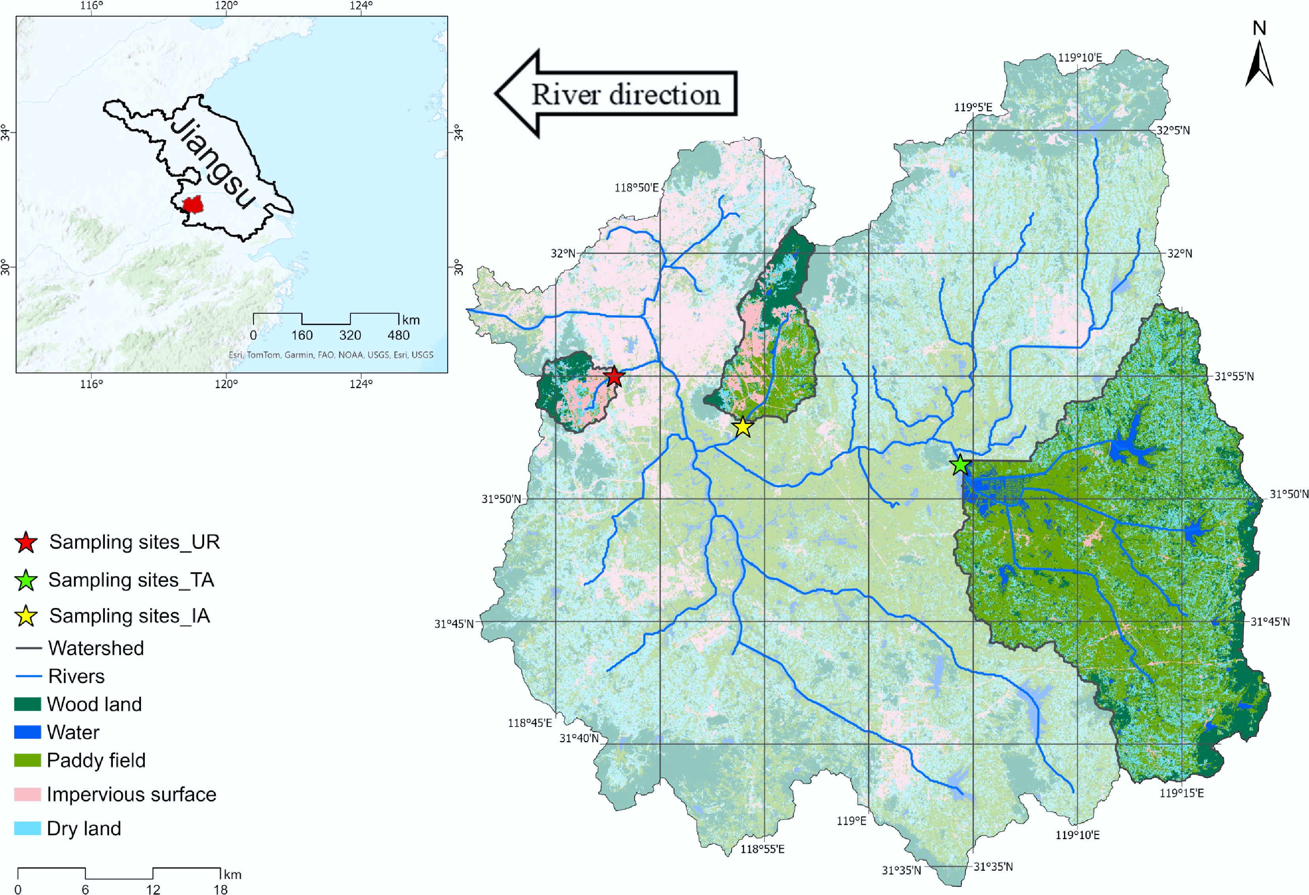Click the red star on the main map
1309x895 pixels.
pyautogui.click(x=614, y=377)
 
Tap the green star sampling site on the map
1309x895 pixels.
pyautogui.click(x=960, y=465)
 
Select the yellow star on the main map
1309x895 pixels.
pyautogui.click(x=743, y=427)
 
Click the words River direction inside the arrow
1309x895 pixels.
pyautogui.click(x=626, y=95)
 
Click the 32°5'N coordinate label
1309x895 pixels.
pyautogui.click(x=1173, y=131)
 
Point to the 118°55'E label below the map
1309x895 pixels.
pyautogui.click(x=762, y=849)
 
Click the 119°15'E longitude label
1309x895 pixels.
pyautogui.click(x=1181, y=793)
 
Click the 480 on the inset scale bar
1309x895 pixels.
pyautogui.click(x=398, y=335)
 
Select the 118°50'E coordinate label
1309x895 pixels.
pyautogui.click(x=636, y=187)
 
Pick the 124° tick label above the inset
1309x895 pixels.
pyautogui.click(x=361, y=6)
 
